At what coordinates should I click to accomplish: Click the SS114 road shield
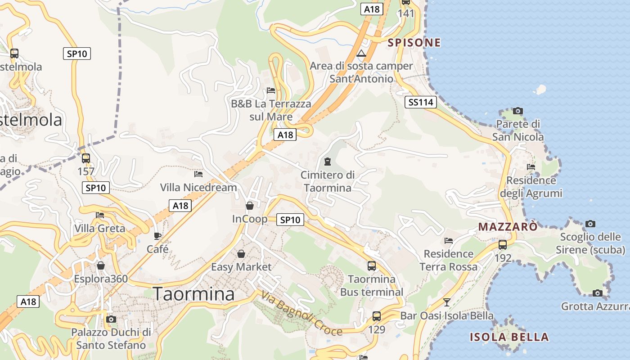(x=421, y=102)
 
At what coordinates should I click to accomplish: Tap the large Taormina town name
(x=194, y=294)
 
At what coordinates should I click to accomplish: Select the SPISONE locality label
(x=414, y=43)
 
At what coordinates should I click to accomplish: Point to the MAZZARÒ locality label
(x=508, y=226)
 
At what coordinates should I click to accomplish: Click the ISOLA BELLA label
(x=509, y=337)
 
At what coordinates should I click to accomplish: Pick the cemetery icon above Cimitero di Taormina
(x=327, y=161)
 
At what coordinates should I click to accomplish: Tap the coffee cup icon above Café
(x=157, y=236)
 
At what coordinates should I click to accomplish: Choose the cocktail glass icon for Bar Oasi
(x=446, y=302)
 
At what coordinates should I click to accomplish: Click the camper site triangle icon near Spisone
(x=361, y=54)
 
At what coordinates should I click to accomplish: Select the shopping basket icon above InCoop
(x=250, y=206)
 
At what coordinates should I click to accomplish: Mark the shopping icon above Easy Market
(x=241, y=254)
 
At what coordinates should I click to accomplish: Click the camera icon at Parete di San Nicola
(x=518, y=111)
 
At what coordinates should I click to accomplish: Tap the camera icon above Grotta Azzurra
(x=597, y=293)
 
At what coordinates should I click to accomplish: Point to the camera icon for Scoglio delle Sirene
(x=590, y=224)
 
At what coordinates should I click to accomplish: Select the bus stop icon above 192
(x=503, y=245)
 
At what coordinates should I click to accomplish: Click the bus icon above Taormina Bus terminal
(x=372, y=265)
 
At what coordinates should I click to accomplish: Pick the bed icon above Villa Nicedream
(x=198, y=174)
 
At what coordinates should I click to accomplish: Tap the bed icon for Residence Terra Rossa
(x=449, y=241)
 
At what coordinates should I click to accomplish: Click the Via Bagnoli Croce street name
(x=301, y=314)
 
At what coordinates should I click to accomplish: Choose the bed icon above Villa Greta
(x=100, y=215)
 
